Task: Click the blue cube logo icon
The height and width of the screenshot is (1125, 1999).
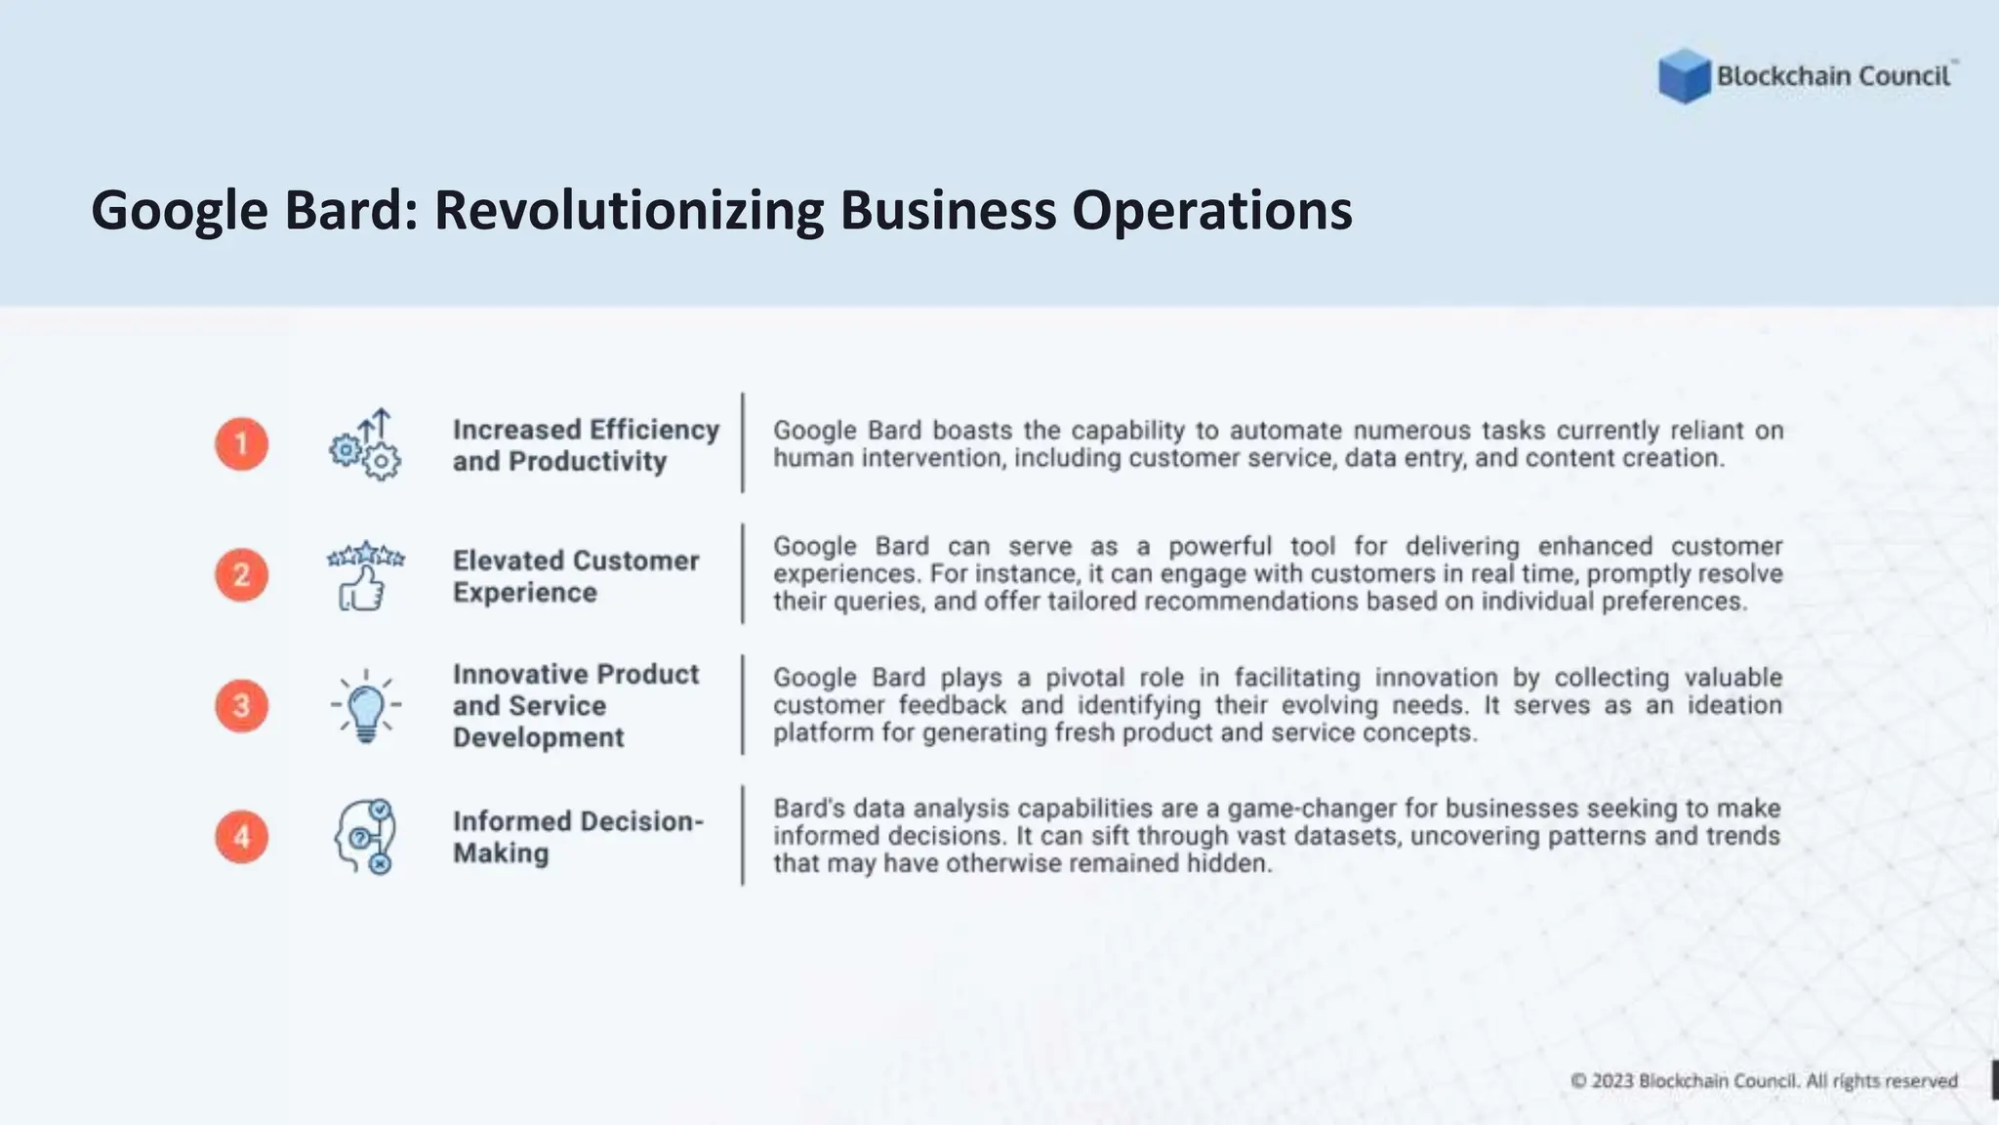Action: point(1684,76)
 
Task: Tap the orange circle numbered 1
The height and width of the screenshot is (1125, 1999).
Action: point(242,444)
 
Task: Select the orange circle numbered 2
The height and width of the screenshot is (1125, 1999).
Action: point(242,575)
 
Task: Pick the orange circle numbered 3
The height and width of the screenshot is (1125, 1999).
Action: point(242,705)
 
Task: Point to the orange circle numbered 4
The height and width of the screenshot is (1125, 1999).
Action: point(242,837)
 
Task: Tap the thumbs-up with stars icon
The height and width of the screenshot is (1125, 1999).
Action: point(365,576)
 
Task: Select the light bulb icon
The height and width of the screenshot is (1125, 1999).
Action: point(366,706)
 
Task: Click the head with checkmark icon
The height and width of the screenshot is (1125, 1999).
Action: point(365,837)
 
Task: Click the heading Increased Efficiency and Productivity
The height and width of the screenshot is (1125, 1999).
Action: point(586,445)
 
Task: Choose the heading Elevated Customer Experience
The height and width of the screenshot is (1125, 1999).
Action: point(576,576)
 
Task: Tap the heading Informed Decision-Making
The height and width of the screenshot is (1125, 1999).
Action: point(578,837)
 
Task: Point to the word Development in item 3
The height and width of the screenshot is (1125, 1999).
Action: point(538,737)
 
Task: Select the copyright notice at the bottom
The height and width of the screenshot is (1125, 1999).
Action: point(1764,1081)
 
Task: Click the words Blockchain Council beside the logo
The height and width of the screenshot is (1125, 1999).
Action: point(1833,76)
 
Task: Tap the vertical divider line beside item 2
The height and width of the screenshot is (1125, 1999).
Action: point(743,574)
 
